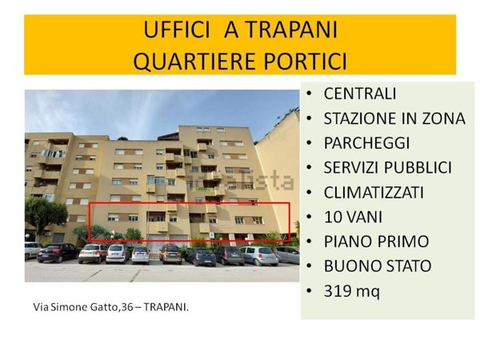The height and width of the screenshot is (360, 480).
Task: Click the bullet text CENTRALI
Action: coord(360,94)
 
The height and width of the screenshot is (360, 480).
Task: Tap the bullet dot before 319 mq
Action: coord(310,291)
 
